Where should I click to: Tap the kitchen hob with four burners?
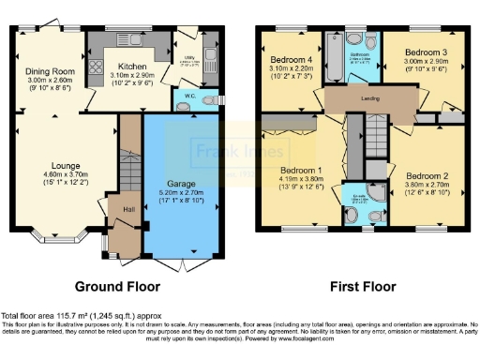[94, 67]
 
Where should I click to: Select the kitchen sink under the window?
[126, 40]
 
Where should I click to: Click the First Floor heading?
[361, 285]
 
